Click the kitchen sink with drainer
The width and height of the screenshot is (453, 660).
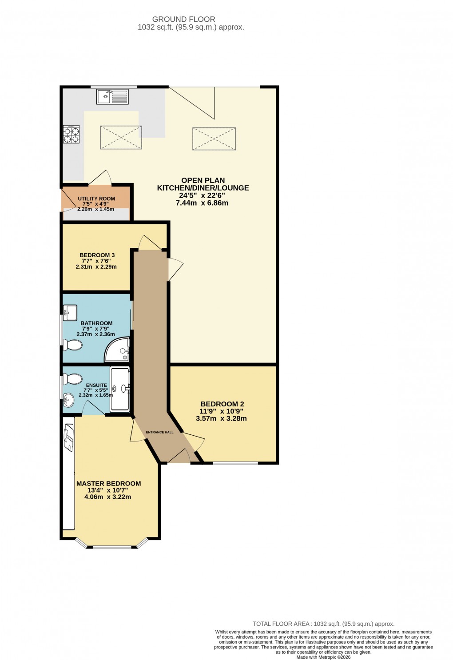(x=112, y=96)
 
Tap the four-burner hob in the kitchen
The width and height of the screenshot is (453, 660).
(x=71, y=135)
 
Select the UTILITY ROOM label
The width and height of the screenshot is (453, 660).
(x=96, y=199)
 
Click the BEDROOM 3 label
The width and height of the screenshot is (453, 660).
(x=97, y=255)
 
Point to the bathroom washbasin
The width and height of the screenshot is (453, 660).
(x=70, y=312)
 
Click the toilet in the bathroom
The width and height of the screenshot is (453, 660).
(x=72, y=345)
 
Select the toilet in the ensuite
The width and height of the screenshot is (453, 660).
(x=72, y=379)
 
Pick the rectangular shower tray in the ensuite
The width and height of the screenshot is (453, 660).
(x=120, y=389)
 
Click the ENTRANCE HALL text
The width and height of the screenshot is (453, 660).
(x=160, y=432)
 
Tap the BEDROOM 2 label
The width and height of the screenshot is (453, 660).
(x=222, y=404)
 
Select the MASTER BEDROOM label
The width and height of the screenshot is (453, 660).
(x=108, y=483)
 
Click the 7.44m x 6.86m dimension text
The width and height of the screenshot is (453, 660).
(x=202, y=203)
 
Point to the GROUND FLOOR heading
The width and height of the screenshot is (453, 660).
(x=183, y=19)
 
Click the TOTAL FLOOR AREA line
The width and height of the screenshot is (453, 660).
(x=323, y=624)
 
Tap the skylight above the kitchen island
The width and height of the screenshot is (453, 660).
(x=121, y=137)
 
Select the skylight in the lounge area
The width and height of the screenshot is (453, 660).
(x=214, y=139)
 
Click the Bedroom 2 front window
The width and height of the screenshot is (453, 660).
(x=235, y=463)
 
